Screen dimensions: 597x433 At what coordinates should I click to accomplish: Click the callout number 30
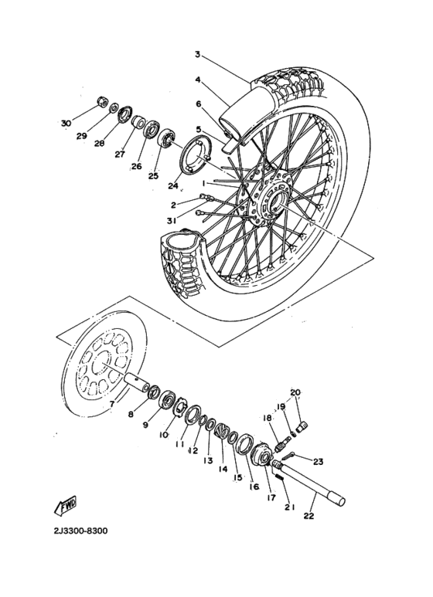pos(65,122)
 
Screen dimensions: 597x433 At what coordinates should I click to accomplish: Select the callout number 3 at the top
pos(197,55)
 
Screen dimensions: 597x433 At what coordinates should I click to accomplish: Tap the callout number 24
pos(173,185)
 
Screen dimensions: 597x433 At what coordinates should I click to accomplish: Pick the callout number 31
pos(170,221)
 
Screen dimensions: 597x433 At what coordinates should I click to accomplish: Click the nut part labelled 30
pos(101,100)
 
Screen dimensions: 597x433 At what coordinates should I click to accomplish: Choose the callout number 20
pos(295,392)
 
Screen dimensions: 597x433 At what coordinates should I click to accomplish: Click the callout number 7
pos(111,402)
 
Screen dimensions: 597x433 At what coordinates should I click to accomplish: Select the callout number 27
pos(119,154)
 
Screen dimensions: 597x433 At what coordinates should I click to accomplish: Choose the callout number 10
pos(164,435)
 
